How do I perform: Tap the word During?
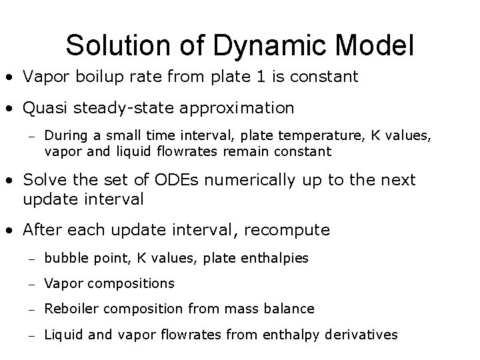tap(64, 137)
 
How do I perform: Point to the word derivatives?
tap(363, 335)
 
